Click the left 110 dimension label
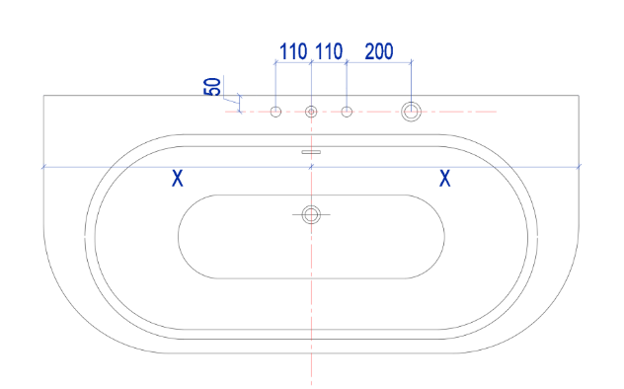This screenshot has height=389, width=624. (293, 51)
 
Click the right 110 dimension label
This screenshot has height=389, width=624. (329, 51)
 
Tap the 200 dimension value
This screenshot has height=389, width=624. (379, 51)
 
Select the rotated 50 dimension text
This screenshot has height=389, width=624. (212, 87)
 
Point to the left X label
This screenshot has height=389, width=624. (178, 178)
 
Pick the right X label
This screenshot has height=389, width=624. (445, 178)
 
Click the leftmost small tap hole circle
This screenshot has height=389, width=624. (275, 112)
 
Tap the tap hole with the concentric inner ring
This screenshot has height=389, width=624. (311, 112)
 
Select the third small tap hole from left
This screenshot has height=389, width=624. (347, 112)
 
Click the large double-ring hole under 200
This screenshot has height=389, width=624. (411, 112)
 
